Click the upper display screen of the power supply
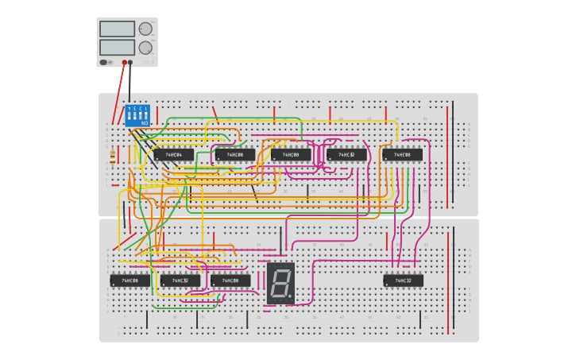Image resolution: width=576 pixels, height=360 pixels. coord(117,29)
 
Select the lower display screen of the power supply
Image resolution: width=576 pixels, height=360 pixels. coord(117,47)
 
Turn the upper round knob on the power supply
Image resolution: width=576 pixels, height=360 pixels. coord(145,29)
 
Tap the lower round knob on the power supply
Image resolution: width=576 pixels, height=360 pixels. coord(145,48)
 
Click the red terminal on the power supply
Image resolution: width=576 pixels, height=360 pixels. coord(124,61)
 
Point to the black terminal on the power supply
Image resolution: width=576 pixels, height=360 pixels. coord(130,61)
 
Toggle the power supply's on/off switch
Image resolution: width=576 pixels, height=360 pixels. coord(103,61)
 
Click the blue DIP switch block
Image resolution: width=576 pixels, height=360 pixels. coord(137,116)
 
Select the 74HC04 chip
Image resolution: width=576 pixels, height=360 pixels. coord(173,154)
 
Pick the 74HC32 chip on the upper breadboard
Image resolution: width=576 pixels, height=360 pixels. coord(346,154)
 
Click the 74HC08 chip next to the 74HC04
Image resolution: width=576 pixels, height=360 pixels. coord(234,154)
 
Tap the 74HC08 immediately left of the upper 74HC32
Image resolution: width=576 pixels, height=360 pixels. coord(291,154)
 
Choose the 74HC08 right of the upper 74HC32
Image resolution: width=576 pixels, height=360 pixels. coord(402,154)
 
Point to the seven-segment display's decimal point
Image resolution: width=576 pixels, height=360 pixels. coord(290,297)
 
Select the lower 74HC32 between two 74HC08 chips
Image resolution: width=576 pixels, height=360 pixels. coord(180,281)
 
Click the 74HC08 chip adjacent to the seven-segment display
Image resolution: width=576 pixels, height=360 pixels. coord(230,281)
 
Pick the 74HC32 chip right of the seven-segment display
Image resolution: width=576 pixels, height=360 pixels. coord(403,281)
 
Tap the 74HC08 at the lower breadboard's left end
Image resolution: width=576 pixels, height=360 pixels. coord(130,281)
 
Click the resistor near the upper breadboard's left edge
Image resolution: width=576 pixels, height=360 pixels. coord(112,157)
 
